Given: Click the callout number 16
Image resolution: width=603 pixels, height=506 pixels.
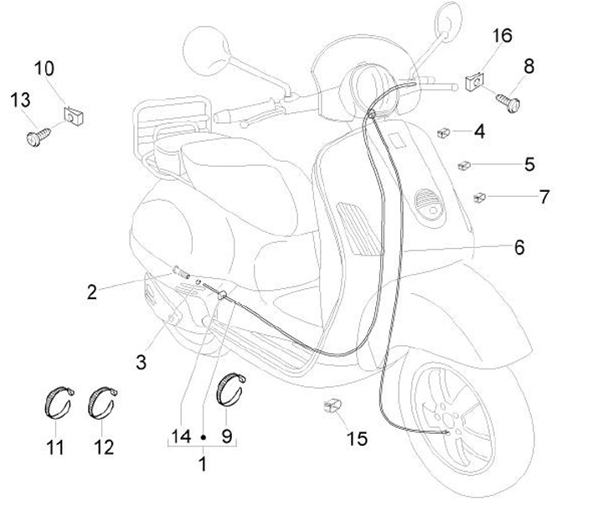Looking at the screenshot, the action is [x=502, y=36].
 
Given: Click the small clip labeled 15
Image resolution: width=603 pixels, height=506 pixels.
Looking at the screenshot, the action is [x=332, y=408].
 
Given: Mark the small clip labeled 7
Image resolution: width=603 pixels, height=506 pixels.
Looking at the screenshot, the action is [x=480, y=199].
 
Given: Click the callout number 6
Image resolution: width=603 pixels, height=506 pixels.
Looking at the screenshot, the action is [x=518, y=247].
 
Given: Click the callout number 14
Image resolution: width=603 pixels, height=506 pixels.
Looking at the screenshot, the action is [x=181, y=436].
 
